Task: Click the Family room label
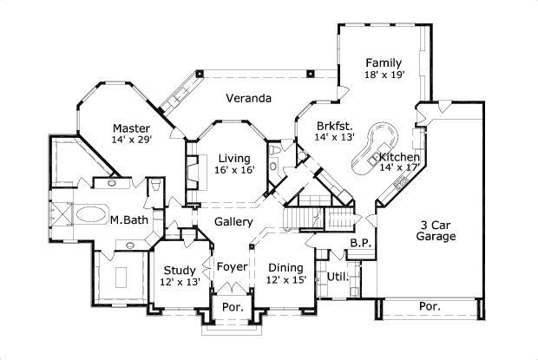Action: click(x=383, y=62)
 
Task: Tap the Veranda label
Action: click(x=249, y=98)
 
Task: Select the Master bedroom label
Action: click(x=131, y=129)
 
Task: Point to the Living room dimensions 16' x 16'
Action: click(x=234, y=171)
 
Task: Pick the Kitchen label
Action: click(x=399, y=157)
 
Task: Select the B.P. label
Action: click(x=360, y=245)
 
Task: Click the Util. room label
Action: click(x=338, y=278)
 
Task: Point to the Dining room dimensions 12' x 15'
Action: click(x=286, y=280)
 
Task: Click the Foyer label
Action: click(x=232, y=266)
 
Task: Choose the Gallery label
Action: click(x=233, y=223)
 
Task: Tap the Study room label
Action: click(x=179, y=270)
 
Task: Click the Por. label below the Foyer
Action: click(x=232, y=308)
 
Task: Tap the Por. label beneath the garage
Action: click(x=430, y=306)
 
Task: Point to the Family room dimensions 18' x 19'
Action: click(x=383, y=76)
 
